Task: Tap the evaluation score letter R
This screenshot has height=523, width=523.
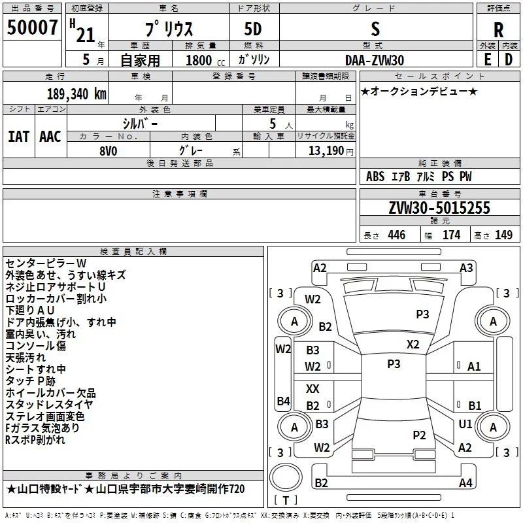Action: click(x=498, y=30)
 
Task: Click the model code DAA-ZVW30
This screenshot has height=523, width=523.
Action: click(x=375, y=59)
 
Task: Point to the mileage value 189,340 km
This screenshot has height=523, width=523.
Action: click(x=76, y=93)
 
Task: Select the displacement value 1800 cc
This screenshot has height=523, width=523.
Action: click(x=201, y=60)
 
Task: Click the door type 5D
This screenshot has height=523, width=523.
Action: click(x=253, y=30)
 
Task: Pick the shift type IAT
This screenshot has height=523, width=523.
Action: click(x=19, y=136)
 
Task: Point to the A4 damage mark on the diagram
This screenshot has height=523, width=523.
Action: click(x=465, y=483)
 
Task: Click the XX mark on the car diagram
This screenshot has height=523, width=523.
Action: click(x=313, y=389)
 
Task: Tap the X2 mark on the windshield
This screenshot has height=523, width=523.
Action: click(x=413, y=344)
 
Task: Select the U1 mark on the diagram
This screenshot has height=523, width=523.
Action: click(x=465, y=424)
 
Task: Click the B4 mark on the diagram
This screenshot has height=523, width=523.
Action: click(x=283, y=401)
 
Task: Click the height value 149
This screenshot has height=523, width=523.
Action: click(x=503, y=235)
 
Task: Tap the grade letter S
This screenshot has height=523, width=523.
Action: click(x=375, y=29)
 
